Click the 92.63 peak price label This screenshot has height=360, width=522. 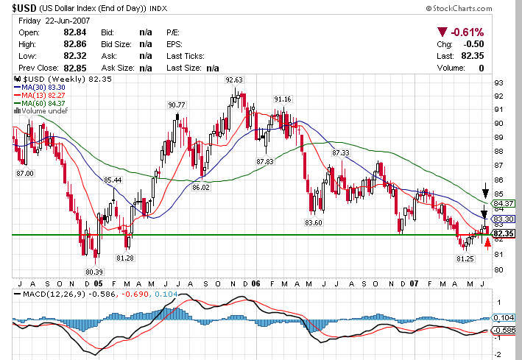click(x=234, y=80)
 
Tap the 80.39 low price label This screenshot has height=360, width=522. click(x=93, y=272)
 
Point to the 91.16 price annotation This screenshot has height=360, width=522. click(x=282, y=99)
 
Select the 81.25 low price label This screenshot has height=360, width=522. click(x=465, y=259)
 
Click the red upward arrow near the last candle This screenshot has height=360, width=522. click(x=487, y=243)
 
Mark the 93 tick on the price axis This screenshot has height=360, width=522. click(x=498, y=82)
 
